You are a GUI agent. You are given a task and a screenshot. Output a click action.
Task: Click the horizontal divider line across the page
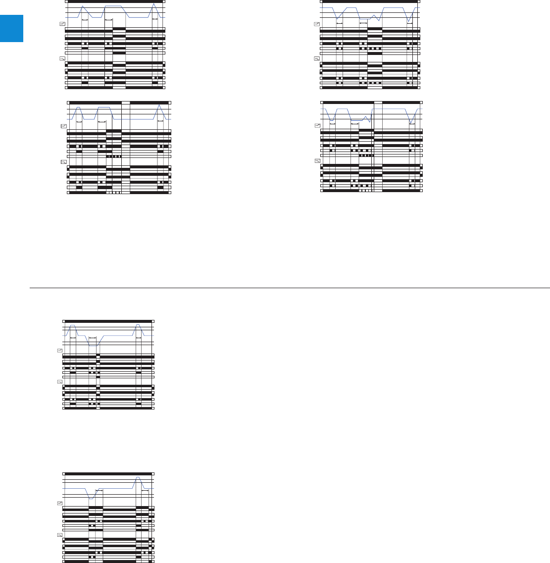[290, 287]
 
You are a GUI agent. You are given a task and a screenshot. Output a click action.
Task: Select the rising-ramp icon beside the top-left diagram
[62, 24]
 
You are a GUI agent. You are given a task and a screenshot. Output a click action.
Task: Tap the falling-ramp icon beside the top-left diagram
[62, 58]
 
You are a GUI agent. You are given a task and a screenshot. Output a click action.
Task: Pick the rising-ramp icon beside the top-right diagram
[317, 24]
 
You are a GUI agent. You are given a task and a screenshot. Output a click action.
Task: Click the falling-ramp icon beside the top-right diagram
[317, 58]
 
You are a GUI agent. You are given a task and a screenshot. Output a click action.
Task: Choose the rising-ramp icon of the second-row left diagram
[63, 126]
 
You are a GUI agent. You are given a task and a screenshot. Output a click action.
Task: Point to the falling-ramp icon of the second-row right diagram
[318, 161]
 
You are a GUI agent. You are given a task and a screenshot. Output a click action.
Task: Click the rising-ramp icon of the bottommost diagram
[60, 503]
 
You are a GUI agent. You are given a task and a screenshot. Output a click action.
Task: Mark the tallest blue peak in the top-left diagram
[83, 6]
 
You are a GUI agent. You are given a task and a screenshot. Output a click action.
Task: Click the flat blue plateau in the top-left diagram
[114, 5]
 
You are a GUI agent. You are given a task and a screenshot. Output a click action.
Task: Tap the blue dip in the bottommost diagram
[91, 498]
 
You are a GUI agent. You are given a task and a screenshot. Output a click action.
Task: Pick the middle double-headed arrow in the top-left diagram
[109, 19]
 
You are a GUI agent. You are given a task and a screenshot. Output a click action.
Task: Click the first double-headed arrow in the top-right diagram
[339, 23]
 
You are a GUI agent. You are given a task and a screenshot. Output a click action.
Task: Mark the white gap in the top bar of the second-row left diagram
[126, 102]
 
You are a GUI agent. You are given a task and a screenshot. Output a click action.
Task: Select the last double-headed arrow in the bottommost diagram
[146, 491]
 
